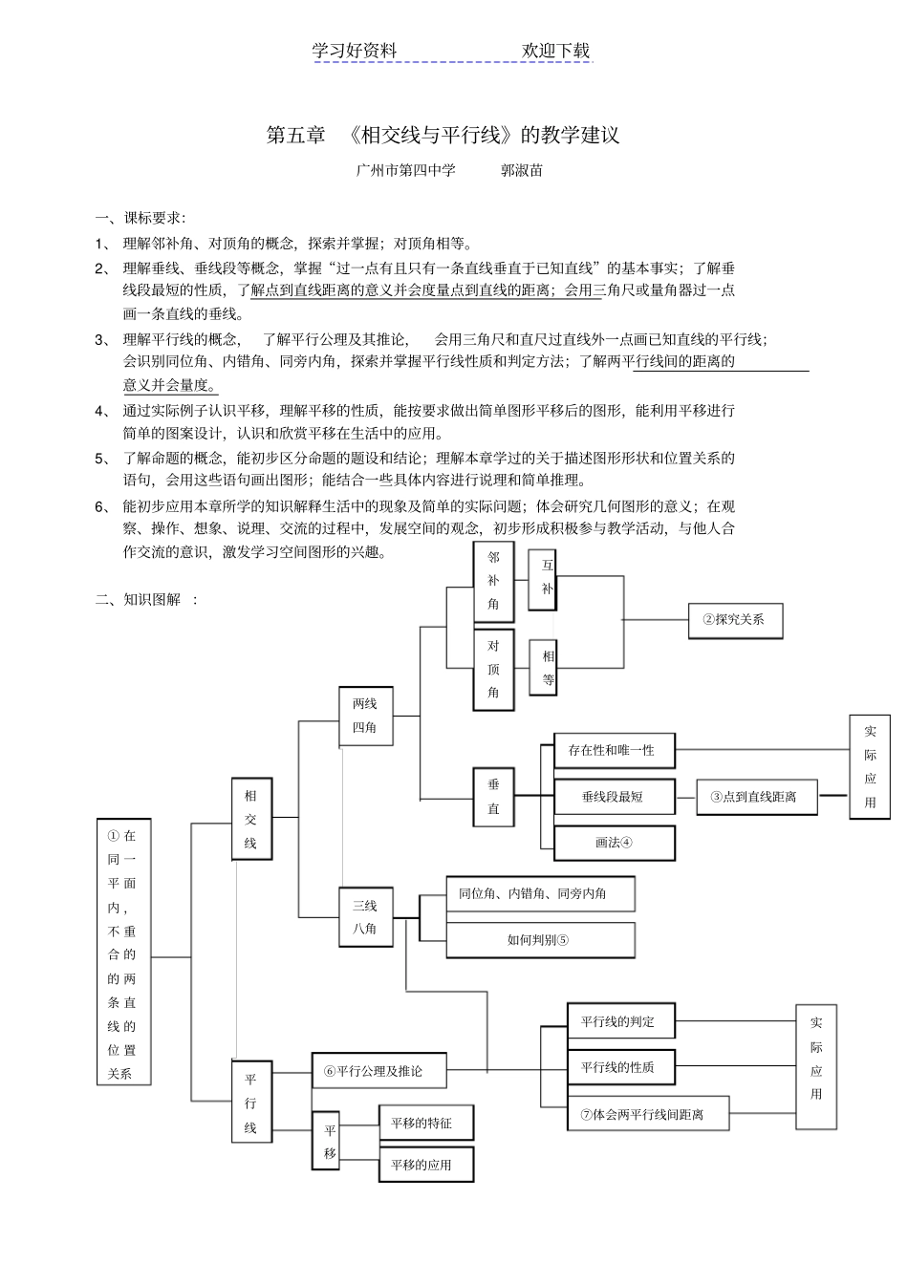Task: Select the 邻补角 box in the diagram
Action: (493, 581)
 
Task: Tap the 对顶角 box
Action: (493, 669)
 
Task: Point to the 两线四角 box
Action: (365, 716)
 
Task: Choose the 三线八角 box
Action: (365, 916)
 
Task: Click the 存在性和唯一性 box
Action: (614, 750)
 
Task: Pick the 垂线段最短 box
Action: (614, 796)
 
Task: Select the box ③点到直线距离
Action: (756, 796)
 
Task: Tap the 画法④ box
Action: (614, 843)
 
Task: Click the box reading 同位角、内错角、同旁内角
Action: (540, 893)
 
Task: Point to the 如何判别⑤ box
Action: (540, 939)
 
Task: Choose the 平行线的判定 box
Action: (621, 1021)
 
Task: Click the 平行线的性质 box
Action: (621, 1067)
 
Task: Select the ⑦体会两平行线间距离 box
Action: (648, 1113)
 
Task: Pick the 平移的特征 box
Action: (426, 1123)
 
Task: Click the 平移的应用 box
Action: (426, 1165)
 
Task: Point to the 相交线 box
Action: (251, 819)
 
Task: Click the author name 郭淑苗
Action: (522, 171)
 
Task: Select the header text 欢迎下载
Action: (556, 51)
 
